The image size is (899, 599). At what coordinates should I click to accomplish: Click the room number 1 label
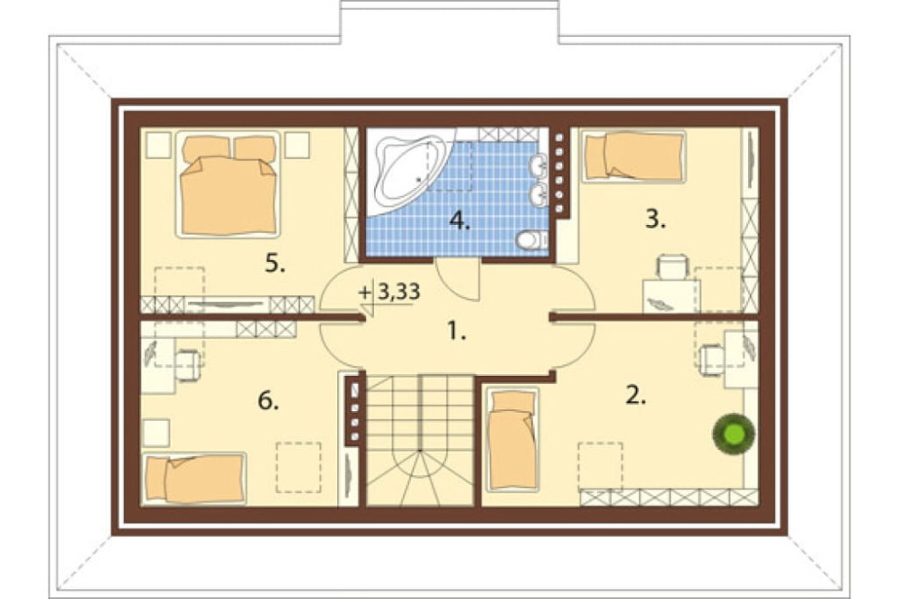click(457, 331)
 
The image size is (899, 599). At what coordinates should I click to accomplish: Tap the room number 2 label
click(636, 395)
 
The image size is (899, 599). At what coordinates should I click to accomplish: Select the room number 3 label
click(655, 219)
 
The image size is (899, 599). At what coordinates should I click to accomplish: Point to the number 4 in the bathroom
click(459, 221)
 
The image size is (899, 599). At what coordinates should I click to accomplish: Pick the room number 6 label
click(268, 401)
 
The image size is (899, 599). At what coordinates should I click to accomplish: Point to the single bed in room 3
click(634, 156)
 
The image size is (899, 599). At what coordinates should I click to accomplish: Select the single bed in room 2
click(512, 440)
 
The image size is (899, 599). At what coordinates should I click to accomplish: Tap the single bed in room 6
click(194, 478)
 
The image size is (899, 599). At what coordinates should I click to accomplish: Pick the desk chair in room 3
click(672, 267)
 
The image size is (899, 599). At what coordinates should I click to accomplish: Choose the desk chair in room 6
click(188, 365)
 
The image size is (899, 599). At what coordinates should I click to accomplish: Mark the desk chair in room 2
click(711, 359)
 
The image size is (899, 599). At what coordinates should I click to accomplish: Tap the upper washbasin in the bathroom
click(539, 166)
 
